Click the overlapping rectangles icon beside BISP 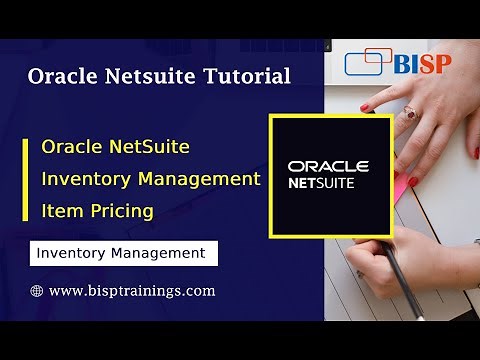tap(367, 62)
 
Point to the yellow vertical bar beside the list tap(26, 179)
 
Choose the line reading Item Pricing tap(97, 211)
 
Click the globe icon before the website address tap(37, 291)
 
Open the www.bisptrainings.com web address tap(131, 291)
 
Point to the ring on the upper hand tap(409, 115)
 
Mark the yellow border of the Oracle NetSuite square tap(272, 175)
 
